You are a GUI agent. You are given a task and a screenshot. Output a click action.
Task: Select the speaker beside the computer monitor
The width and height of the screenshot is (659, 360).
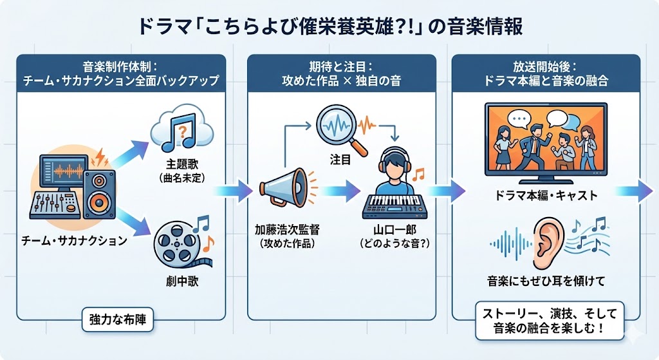pos(100,194)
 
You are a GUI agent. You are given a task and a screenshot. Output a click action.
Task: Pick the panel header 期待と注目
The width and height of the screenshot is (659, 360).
pos(349,66)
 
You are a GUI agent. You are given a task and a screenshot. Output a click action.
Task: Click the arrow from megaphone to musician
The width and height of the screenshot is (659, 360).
pos(341,191)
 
